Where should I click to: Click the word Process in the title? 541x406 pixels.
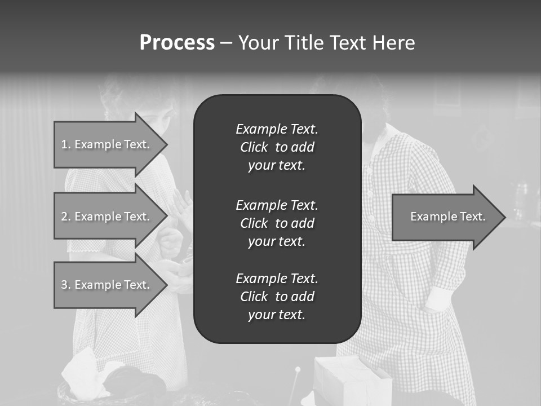pyautogui.click(x=177, y=43)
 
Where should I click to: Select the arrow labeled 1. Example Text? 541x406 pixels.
pyautogui.click(x=107, y=144)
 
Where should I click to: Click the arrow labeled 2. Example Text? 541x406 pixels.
pyautogui.click(x=107, y=217)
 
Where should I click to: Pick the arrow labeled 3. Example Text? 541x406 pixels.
pyautogui.click(x=107, y=285)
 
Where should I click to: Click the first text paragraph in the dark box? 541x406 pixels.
pyautogui.click(x=277, y=147)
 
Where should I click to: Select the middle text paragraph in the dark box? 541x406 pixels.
pyautogui.click(x=277, y=223)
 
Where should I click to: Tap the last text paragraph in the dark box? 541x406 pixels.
pyautogui.click(x=277, y=297)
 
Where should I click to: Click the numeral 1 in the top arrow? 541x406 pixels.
pyautogui.click(x=64, y=144)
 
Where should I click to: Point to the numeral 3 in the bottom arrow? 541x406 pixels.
pyautogui.click(x=64, y=285)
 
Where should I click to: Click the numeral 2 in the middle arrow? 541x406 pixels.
pyautogui.click(x=64, y=217)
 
